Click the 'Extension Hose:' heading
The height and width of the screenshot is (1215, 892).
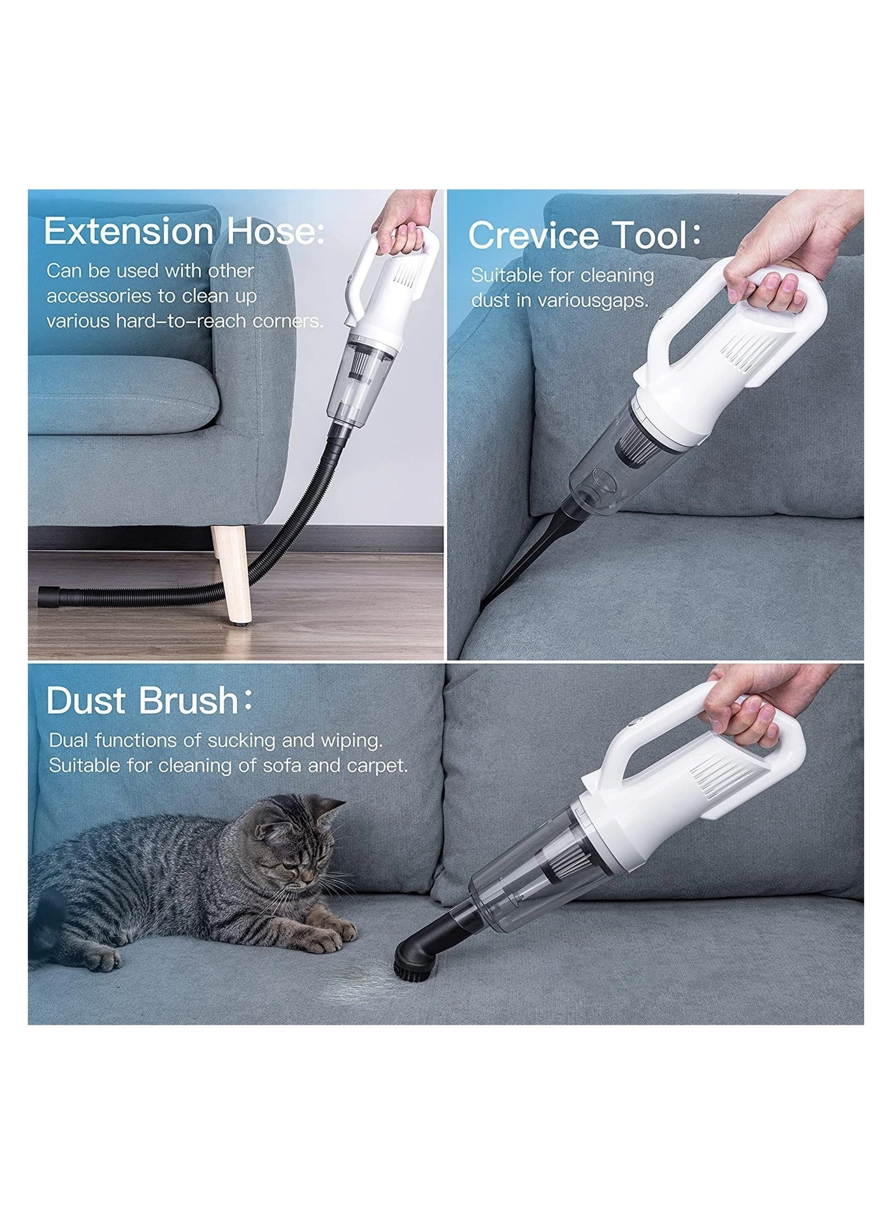tap(184, 231)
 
